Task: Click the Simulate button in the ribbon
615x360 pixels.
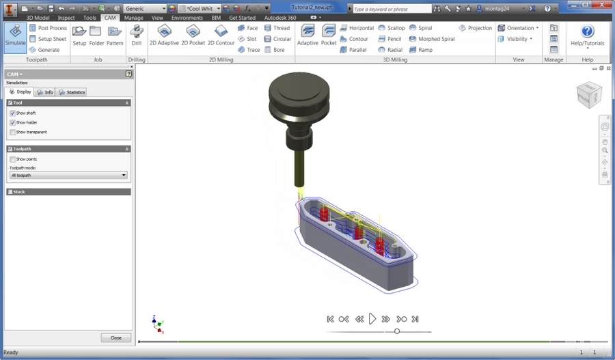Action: [15, 36]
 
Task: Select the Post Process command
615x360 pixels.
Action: [49, 28]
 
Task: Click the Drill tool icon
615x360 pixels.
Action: [137, 36]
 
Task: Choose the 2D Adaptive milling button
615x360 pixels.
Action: [164, 36]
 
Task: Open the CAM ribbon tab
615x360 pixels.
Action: [110, 18]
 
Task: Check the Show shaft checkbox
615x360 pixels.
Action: [13, 113]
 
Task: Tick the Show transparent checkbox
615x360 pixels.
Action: [13, 132]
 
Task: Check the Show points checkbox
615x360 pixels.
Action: [13, 159]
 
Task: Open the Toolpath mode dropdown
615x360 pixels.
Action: [68, 175]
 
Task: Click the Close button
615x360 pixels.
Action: [115, 337]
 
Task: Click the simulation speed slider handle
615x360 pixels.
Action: [397, 331]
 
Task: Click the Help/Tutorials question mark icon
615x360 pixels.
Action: [587, 32]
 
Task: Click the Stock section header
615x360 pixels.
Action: [68, 192]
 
